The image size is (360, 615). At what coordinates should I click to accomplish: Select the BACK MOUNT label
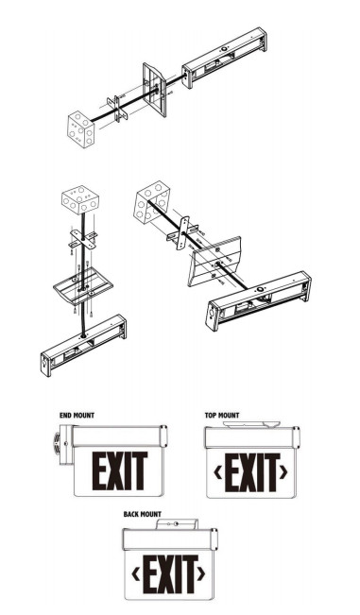143,514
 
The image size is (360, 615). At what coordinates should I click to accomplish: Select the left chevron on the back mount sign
136,572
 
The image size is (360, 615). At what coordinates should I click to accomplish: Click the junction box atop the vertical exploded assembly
80,201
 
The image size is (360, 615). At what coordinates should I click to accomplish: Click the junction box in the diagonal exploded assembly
151,199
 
